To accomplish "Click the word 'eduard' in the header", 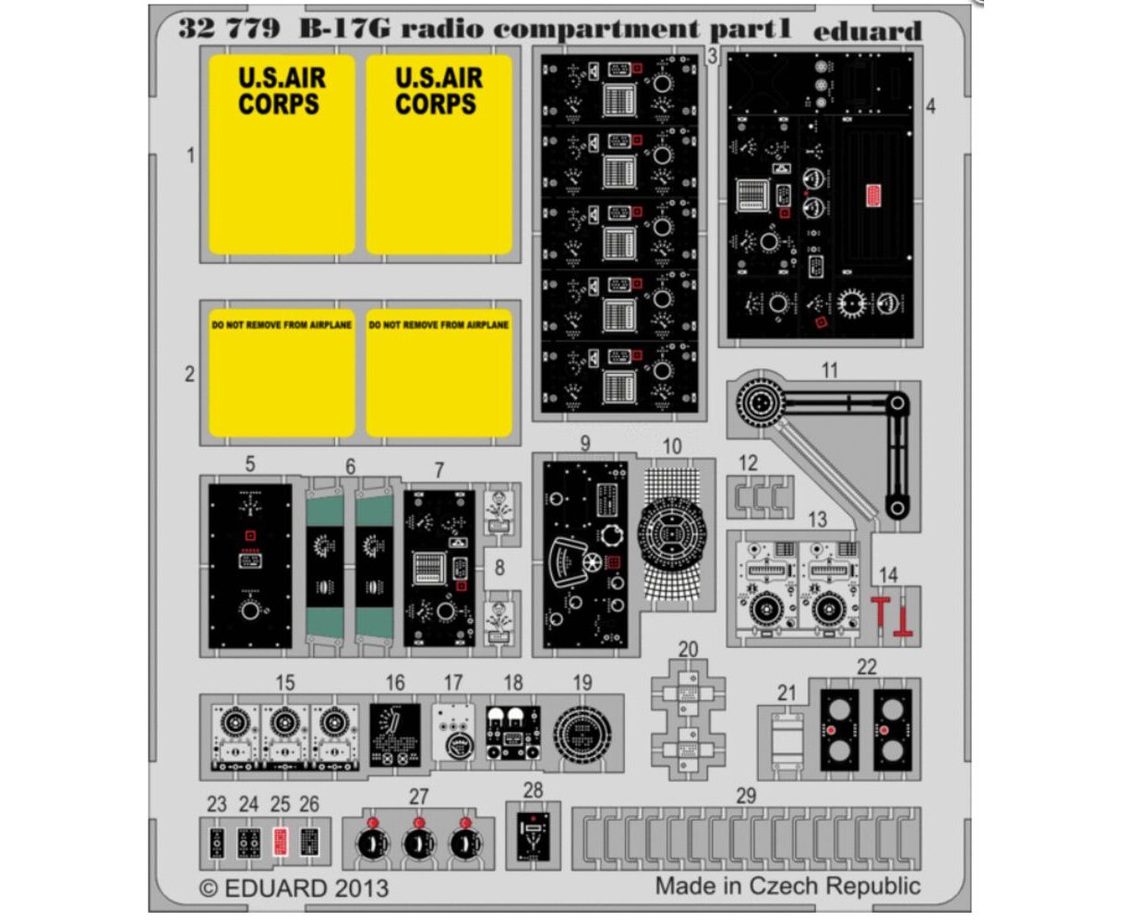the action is coord(867,31).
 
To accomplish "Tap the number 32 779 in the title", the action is coord(229,29).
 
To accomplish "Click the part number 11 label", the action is coord(829,370).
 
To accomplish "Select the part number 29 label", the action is coord(746,796).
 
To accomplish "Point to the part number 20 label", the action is coord(688,650).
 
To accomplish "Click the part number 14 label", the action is coord(888,575).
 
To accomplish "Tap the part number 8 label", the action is coord(499,568).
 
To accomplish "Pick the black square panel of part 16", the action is coord(395,735).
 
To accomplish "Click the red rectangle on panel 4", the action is coord(873,196).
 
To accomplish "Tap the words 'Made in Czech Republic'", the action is coord(788,886).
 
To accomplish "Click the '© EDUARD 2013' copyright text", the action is coord(294,888).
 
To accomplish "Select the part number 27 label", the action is coord(418,797).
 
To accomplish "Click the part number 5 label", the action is coord(250,464).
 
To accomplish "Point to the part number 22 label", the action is coord(867,666).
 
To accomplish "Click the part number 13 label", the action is coord(818,519).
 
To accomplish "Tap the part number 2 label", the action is coord(189,374).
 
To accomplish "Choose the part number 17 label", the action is coord(453,683).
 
